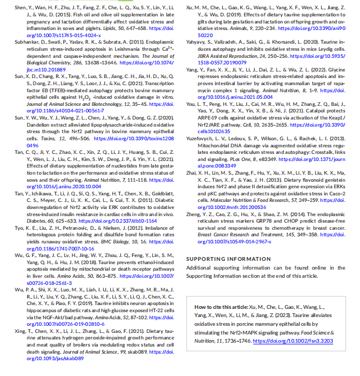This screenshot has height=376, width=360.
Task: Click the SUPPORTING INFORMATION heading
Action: click(222, 259)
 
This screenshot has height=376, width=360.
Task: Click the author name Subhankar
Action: click(27, 41)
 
